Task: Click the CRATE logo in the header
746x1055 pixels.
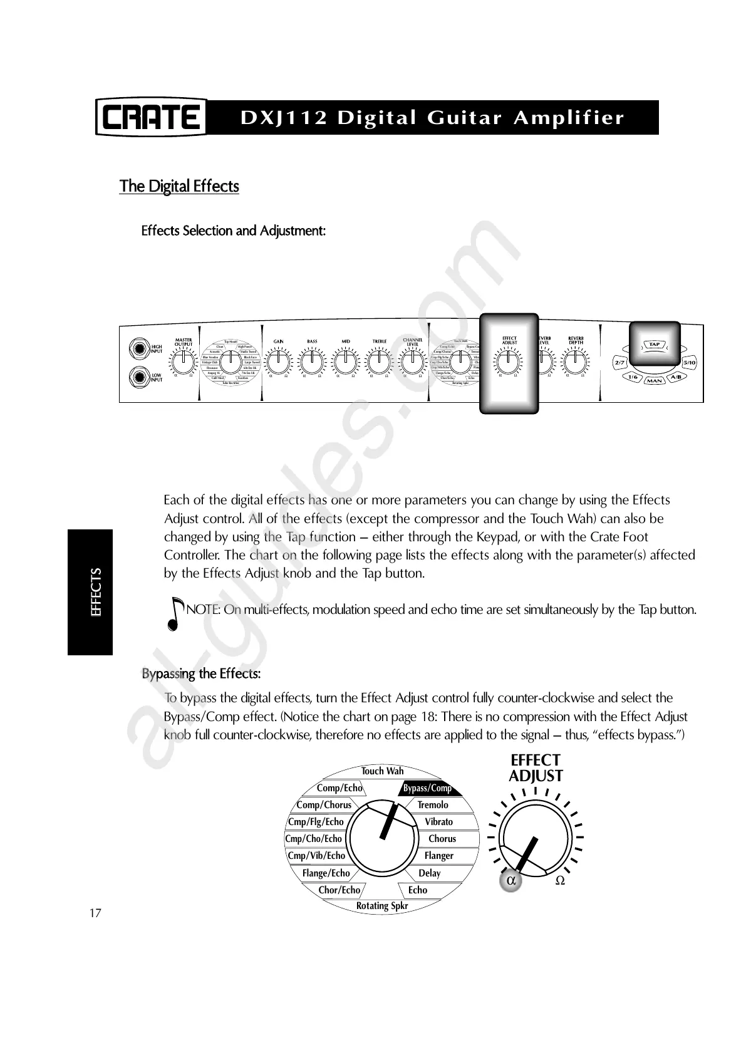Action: coord(151,118)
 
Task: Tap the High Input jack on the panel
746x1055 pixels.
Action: coord(137,348)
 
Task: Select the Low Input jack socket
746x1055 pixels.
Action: coord(137,377)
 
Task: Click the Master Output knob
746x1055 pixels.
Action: coord(183,361)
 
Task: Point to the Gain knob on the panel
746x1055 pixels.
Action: coord(278,362)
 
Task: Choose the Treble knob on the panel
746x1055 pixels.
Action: coord(380,362)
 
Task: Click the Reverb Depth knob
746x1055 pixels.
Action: coord(575,361)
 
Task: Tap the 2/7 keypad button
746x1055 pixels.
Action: coord(620,363)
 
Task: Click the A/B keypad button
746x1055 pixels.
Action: coord(676,377)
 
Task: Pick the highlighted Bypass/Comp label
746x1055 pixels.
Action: coord(427,788)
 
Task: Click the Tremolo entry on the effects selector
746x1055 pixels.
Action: coord(433,805)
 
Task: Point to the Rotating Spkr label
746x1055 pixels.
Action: coord(382,906)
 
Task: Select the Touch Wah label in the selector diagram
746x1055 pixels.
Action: coord(383,771)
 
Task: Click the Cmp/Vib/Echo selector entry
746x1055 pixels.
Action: coord(316,856)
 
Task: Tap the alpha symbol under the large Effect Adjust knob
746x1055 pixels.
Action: coord(511,880)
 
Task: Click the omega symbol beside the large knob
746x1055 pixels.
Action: coord(560,880)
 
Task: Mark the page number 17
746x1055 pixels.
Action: coord(95,913)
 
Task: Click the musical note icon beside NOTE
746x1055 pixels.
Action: coord(177,613)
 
